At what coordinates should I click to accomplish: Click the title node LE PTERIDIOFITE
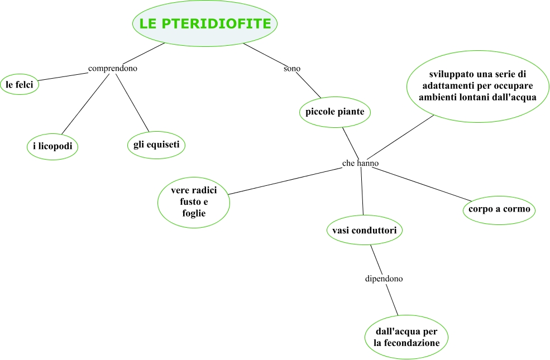point(205,23)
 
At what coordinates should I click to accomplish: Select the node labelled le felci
point(20,85)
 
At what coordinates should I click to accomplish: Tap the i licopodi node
point(52,146)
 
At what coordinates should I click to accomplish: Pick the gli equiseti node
point(156,145)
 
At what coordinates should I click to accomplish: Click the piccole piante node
point(335,112)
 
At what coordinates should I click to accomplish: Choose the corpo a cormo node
point(499,210)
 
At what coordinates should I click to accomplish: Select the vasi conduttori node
point(364,230)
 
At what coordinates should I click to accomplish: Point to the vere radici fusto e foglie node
point(194,202)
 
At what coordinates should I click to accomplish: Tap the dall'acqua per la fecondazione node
point(406,337)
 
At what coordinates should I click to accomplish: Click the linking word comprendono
point(113,68)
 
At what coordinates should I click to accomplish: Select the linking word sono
point(292,69)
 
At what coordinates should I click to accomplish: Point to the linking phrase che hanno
point(360,163)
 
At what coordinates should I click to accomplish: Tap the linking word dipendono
point(384,278)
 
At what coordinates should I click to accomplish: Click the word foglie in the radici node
point(194,213)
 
